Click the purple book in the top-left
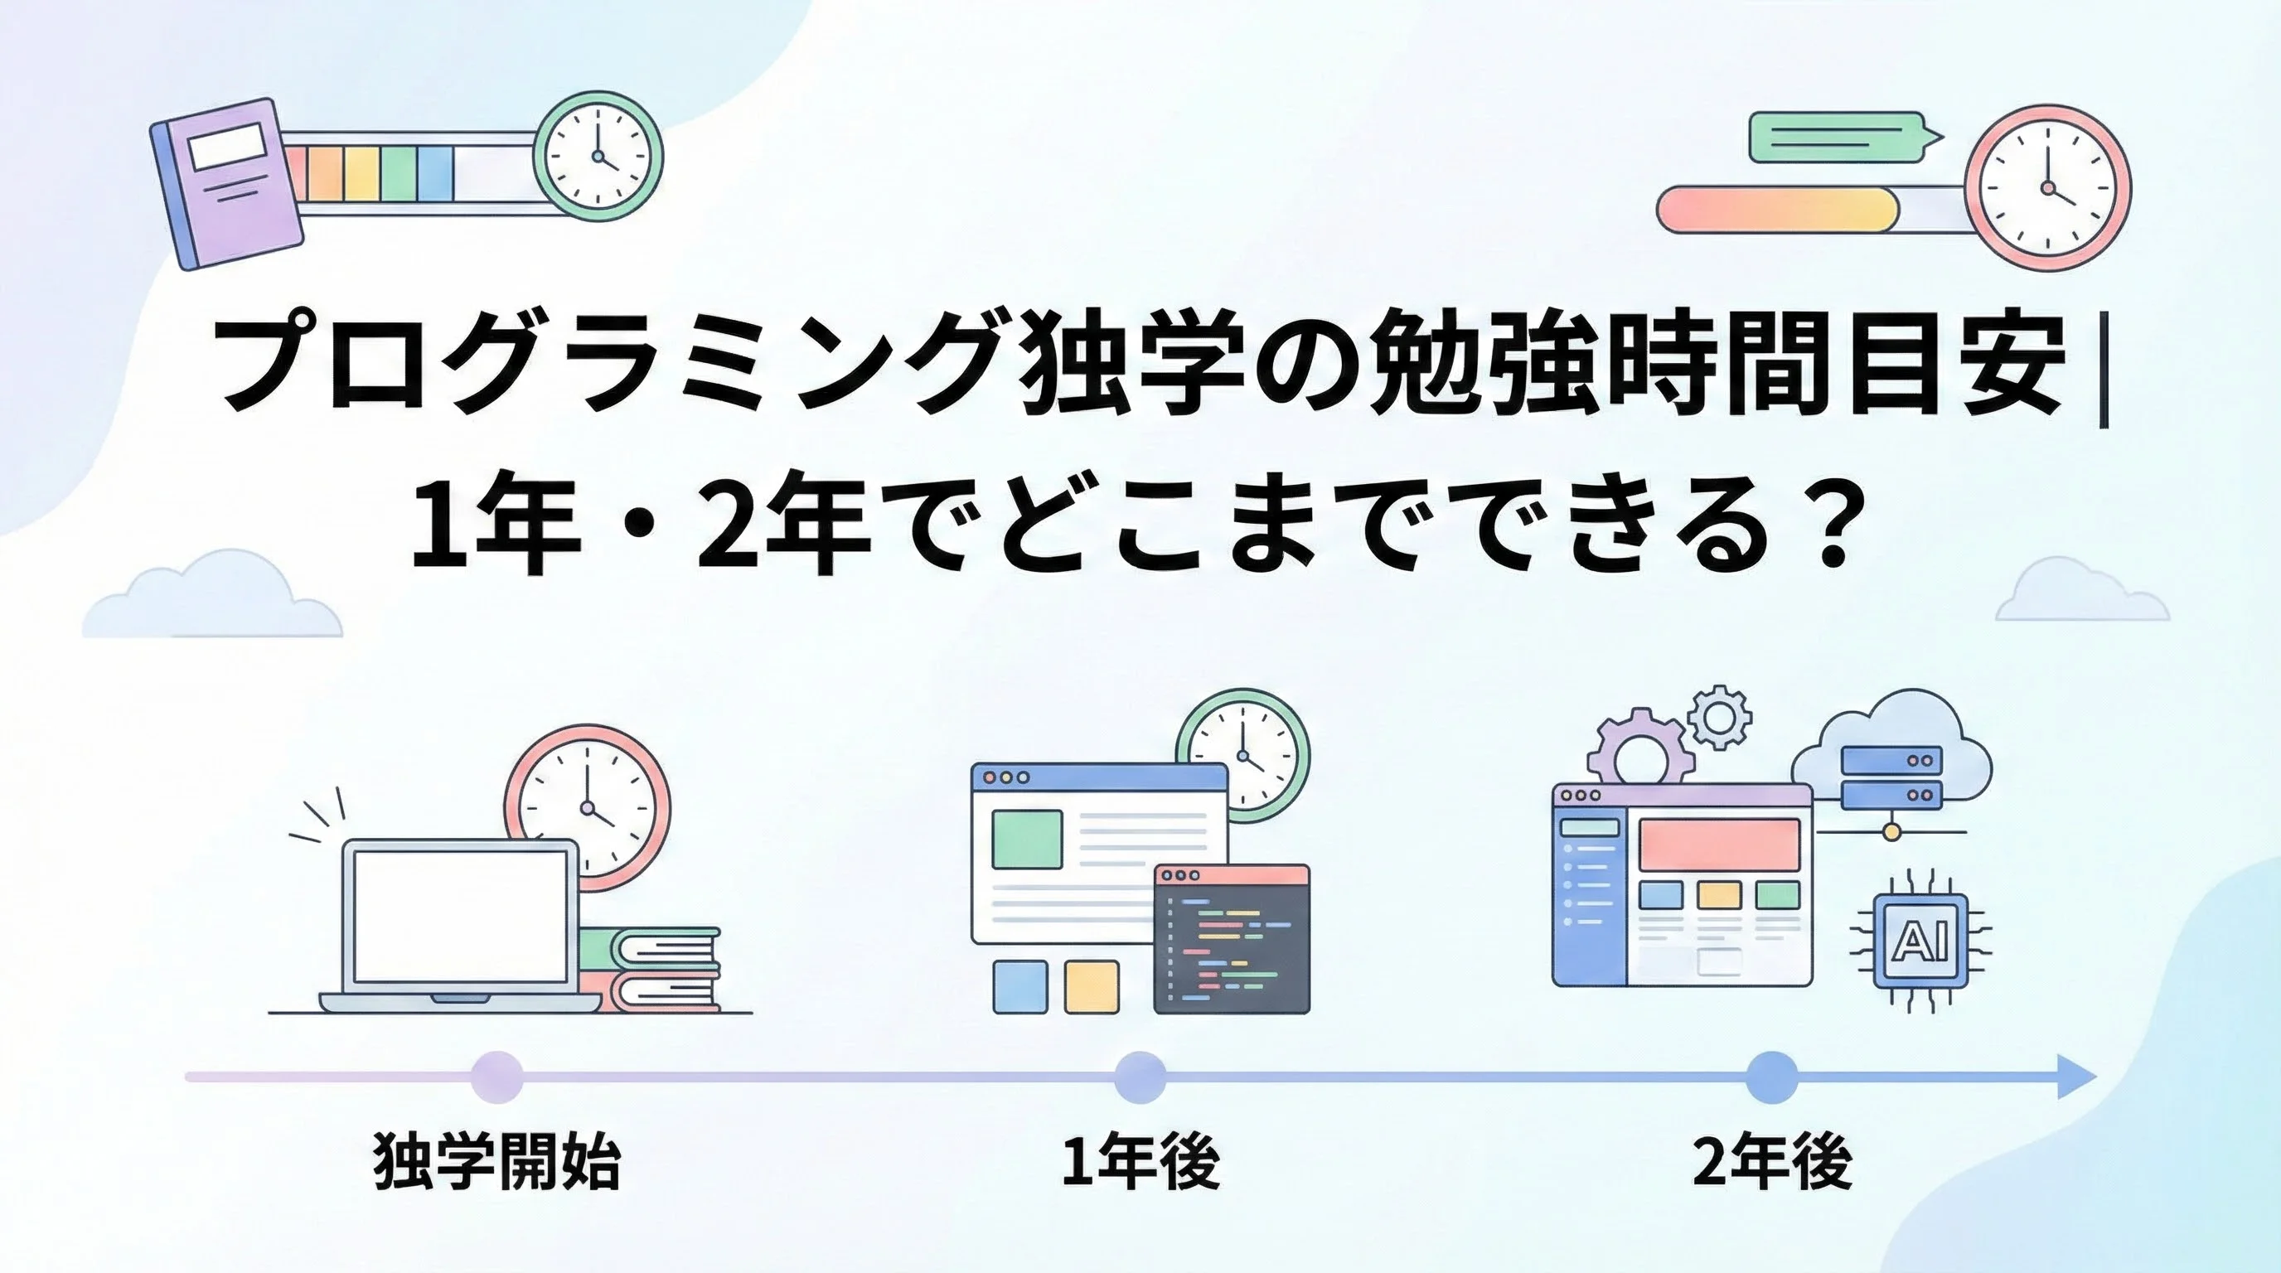pos(225,183)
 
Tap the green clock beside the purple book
pos(598,157)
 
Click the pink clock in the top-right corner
pos(2046,187)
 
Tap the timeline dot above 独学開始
pos(496,1077)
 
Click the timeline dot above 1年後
pos(1140,1077)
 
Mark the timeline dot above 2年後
pos(1772,1077)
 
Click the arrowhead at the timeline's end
pos(2075,1077)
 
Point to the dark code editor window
pos(1232,938)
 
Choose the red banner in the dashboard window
pos(1719,845)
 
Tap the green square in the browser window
pos(1027,840)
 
